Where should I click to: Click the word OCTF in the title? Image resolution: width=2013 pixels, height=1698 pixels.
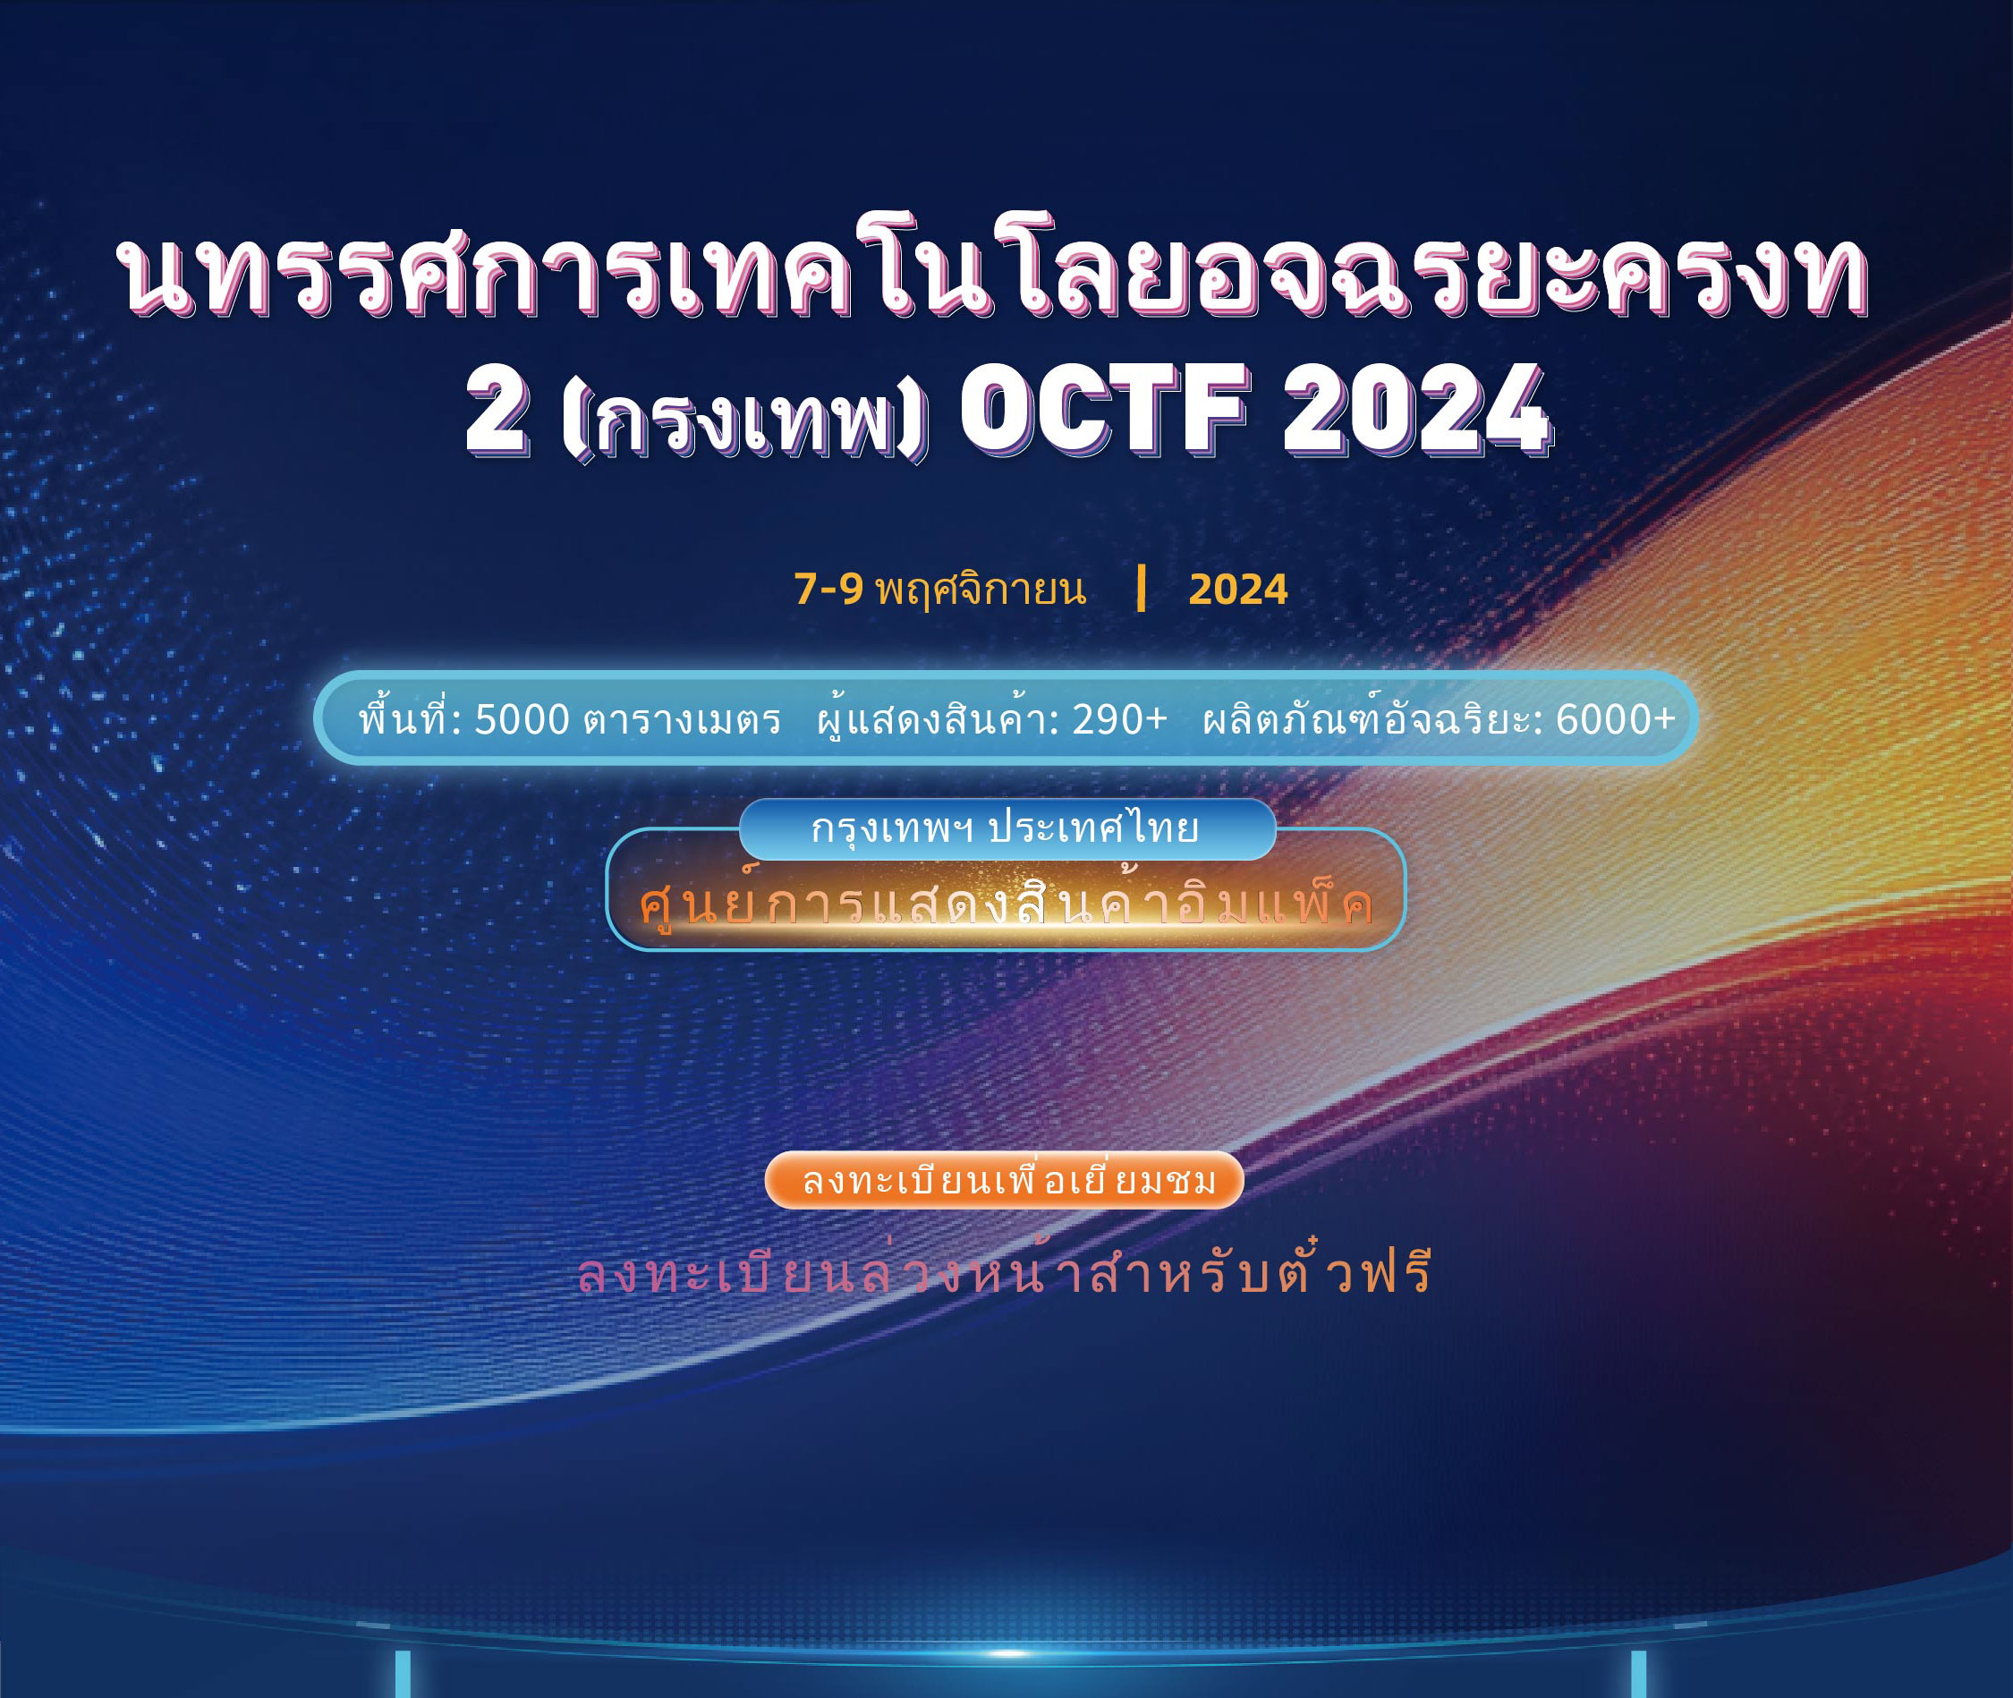(x=1103, y=409)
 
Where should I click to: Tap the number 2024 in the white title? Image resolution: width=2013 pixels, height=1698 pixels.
(x=1416, y=409)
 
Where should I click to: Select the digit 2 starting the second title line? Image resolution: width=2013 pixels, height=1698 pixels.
(x=497, y=409)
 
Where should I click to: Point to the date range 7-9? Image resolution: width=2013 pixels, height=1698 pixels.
(x=828, y=589)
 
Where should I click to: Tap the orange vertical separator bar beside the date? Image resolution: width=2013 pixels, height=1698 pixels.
(x=1141, y=589)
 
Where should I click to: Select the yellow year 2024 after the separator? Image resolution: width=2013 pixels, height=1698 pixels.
(x=1238, y=589)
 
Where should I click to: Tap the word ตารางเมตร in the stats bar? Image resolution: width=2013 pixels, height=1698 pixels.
(x=682, y=721)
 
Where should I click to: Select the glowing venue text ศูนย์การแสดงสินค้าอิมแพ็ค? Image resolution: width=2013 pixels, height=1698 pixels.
(x=1006, y=902)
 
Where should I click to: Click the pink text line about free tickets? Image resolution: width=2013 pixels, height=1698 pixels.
(x=1005, y=1269)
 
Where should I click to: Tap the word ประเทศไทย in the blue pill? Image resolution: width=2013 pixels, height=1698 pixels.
(x=1093, y=828)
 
